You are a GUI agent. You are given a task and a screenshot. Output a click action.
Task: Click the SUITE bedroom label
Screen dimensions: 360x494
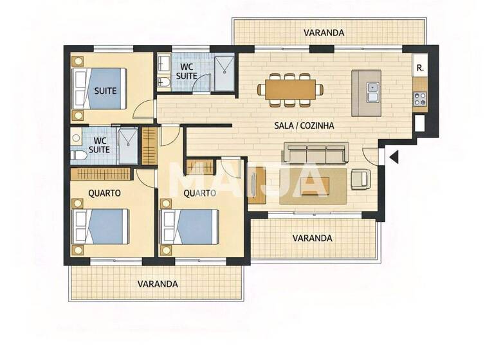pyautogui.click(x=105, y=91)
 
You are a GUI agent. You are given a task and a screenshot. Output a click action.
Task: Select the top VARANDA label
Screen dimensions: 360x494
pyautogui.click(x=324, y=32)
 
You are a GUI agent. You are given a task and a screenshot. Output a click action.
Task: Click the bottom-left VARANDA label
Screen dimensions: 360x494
pyautogui.click(x=158, y=283)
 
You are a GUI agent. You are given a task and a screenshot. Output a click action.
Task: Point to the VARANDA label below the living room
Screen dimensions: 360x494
pyautogui.click(x=312, y=238)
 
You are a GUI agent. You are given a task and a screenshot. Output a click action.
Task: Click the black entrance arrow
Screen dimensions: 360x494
pyautogui.click(x=394, y=156)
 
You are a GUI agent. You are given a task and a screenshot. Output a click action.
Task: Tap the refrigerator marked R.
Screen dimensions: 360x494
pyautogui.click(x=420, y=67)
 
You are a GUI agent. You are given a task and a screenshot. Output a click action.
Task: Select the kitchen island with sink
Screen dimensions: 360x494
pyautogui.click(x=366, y=93)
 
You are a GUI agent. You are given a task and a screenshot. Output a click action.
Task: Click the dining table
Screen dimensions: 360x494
pyautogui.click(x=291, y=89)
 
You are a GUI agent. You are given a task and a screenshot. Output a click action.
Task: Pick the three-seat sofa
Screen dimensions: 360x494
pyautogui.click(x=316, y=153)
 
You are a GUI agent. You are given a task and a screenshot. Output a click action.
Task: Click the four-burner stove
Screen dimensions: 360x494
pyautogui.click(x=420, y=99)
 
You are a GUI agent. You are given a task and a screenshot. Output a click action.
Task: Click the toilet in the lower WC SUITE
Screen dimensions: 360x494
pyautogui.click(x=78, y=155)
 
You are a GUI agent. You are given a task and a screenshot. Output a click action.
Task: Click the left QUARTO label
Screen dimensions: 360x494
pyautogui.click(x=105, y=192)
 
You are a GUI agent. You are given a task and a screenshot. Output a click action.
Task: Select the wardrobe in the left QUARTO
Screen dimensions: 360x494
pyautogui.click(x=101, y=174)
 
